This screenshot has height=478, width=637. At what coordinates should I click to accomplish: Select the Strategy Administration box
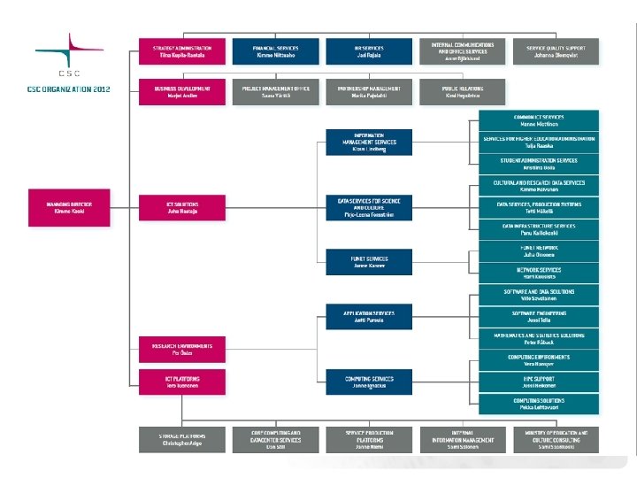pos(180,50)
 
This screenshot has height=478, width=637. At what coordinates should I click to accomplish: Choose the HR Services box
pos(369,50)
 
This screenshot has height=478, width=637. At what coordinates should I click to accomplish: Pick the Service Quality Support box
pos(556,50)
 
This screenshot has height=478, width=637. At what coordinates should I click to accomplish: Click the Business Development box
pos(180,91)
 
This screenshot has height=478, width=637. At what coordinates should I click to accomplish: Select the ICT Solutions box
pos(180,207)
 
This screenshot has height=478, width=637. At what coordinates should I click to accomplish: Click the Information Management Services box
pos(369,143)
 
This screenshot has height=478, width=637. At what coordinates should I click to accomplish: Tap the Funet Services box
pos(369,261)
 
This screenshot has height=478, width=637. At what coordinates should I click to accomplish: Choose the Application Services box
pos(369,316)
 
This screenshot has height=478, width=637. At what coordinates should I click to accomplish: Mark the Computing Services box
pos(369,382)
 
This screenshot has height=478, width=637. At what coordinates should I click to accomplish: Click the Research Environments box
pos(180,348)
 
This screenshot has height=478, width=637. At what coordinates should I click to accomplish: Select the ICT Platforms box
pos(180,382)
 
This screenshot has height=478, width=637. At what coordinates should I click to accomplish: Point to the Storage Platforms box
pos(180,437)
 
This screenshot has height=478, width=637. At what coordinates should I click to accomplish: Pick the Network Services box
pos(539,273)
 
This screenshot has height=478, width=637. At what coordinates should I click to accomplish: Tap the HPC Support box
pos(539,382)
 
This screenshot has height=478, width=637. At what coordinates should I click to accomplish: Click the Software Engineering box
pos(539,316)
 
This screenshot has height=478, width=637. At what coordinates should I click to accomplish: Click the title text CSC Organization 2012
pos(68,89)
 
